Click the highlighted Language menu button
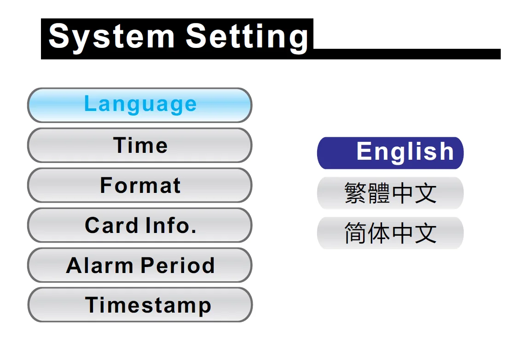tap(140, 105)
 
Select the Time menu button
tap(140, 145)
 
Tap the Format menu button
tap(140, 185)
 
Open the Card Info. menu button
tap(140, 225)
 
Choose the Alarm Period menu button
tap(140, 265)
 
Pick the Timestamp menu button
tap(140, 305)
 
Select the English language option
tap(390, 153)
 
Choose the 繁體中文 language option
tap(390, 193)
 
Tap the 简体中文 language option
tap(390, 233)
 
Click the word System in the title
tap(111, 37)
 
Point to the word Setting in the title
tap(247, 37)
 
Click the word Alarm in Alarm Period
tap(99, 265)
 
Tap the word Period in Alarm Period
tap(178, 265)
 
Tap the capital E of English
tap(364, 151)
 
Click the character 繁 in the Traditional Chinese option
tap(356, 193)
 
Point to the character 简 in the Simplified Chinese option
tap(356, 233)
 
